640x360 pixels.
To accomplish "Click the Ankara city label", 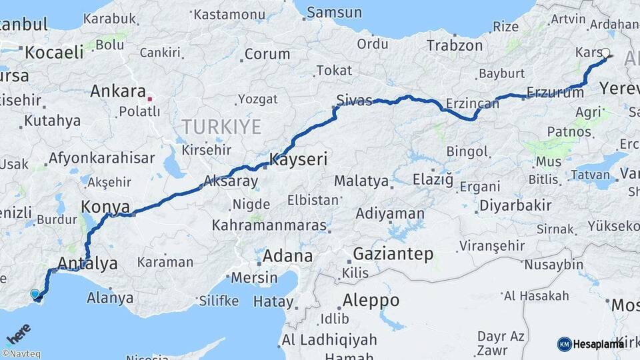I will point(118,91).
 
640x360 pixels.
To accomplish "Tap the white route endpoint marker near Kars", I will point(605,53).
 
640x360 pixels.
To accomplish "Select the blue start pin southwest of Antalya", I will point(35,293).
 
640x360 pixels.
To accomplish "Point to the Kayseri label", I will point(298,159).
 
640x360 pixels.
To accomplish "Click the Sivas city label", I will point(354,100).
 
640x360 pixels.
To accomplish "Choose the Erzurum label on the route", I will point(555,93).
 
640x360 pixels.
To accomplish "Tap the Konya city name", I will point(105,206).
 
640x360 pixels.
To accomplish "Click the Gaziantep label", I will point(393,254).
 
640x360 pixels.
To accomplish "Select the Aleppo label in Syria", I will point(371,300).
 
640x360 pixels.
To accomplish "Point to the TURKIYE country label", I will point(221,126).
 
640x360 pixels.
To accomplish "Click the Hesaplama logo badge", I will point(591,344).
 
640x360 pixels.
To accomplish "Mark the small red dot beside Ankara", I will point(150,99).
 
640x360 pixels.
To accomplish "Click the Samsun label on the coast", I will point(335,12).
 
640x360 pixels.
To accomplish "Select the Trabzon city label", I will point(455,45).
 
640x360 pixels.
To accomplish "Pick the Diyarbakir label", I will point(515,205).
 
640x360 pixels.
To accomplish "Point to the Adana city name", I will point(287,256).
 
